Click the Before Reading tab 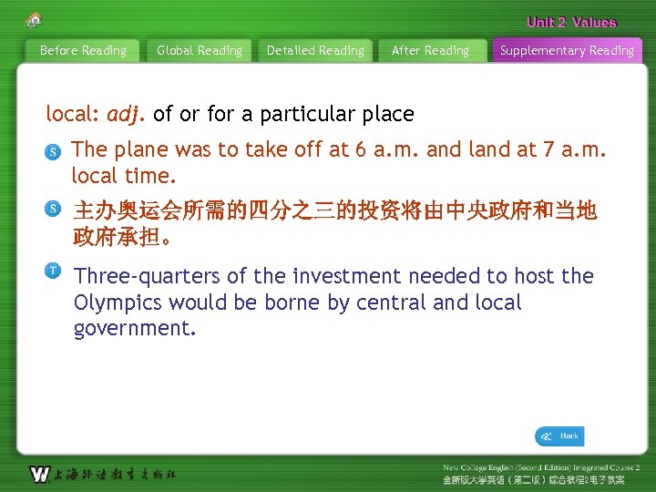point(83,51)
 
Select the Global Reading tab point(200,51)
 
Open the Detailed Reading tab point(315,51)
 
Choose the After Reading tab point(430,51)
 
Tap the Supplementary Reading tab point(567,51)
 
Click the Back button point(559,436)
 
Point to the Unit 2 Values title point(571,22)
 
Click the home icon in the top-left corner point(34,19)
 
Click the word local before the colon point(71,115)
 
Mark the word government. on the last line point(135,328)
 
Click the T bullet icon point(55,271)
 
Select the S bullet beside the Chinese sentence point(55,210)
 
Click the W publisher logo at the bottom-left point(40,474)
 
